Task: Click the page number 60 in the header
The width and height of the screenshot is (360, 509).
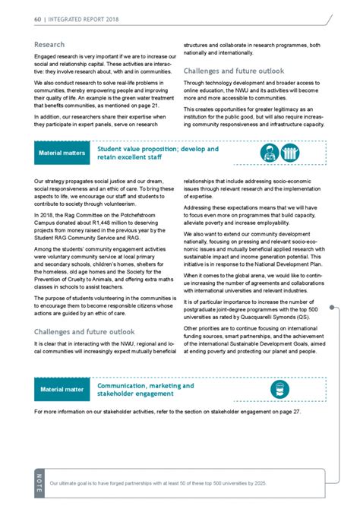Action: [x=38, y=17]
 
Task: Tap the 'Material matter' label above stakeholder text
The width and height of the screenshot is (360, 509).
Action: [x=62, y=390]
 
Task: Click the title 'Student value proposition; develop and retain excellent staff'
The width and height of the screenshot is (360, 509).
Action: [x=157, y=153]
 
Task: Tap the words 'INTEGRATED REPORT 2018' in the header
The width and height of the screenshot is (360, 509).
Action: [x=83, y=17]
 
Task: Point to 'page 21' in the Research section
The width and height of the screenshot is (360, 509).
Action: [x=158, y=109]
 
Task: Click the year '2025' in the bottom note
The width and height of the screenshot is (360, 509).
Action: [x=253, y=483]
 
